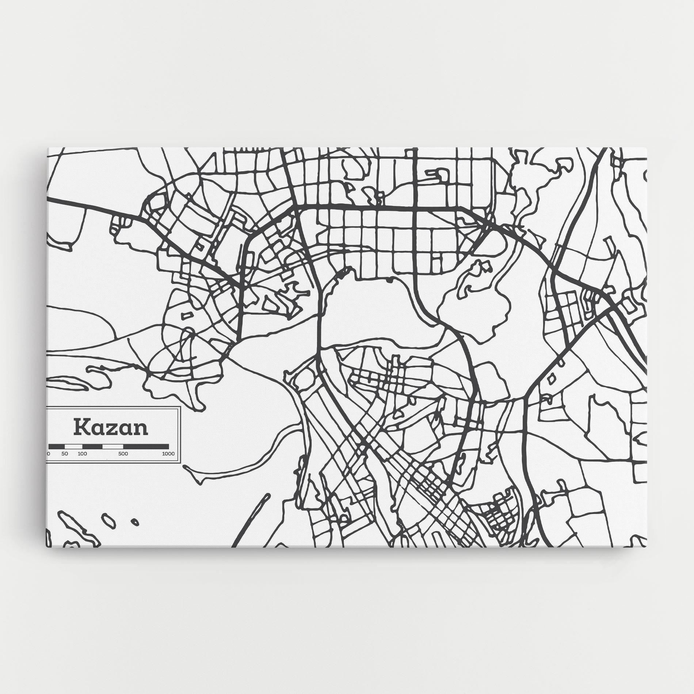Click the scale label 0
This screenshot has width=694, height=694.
point(49,454)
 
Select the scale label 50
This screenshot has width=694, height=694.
point(65,454)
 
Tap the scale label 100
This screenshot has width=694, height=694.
point(82,454)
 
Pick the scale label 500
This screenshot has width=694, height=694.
point(123,454)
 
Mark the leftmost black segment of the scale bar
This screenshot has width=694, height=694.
point(57,446)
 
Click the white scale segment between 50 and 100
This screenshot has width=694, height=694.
point(73,446)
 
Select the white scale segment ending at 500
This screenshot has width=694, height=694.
point(113,446)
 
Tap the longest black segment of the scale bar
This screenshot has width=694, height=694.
point(146,446)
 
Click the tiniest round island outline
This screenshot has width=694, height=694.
point(134,522)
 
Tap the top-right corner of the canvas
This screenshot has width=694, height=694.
point(647,148)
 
